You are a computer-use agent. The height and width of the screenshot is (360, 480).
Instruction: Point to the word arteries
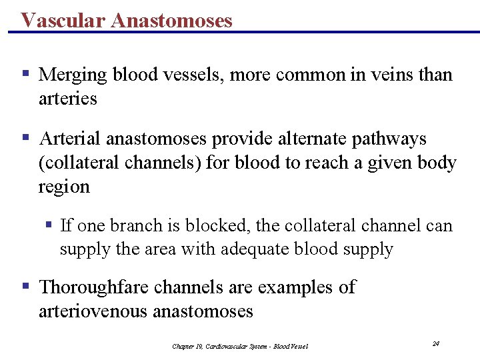pos(68,99)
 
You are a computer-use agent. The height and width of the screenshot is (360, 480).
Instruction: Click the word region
pos(64,187)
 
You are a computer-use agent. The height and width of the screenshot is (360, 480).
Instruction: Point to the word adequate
pos(286,249)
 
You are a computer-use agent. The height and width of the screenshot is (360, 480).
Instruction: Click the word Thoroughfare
pos(95,287)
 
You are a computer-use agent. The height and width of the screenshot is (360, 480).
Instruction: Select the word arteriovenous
pos(93,311)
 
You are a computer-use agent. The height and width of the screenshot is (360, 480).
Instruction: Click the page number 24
pos(435,343)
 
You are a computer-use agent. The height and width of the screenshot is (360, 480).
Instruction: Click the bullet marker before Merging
pos(25,73)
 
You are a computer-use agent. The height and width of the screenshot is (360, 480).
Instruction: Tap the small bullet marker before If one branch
pos(49,225)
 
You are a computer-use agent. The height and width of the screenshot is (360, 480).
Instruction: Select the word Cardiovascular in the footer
pos(230,346)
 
